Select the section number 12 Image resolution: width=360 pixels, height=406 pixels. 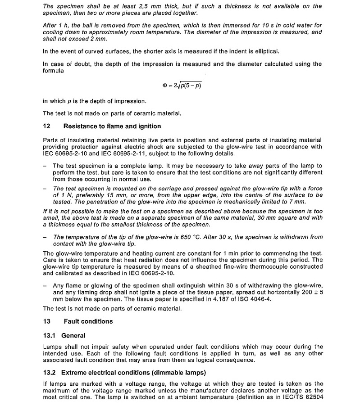pyautogui.click(x=46, y=126)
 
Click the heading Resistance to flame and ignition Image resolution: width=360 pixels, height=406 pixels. pyautogui.click(x=112, y=126)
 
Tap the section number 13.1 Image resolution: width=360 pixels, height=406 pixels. pyautogui.click(x=49, y=335)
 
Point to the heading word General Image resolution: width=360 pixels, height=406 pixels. pyautogui.click(x=73, y=335)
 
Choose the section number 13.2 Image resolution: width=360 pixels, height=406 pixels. pyautogui.click(x=49, y=373)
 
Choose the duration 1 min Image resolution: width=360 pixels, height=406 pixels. pyautogui.click(x=224, y=253)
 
